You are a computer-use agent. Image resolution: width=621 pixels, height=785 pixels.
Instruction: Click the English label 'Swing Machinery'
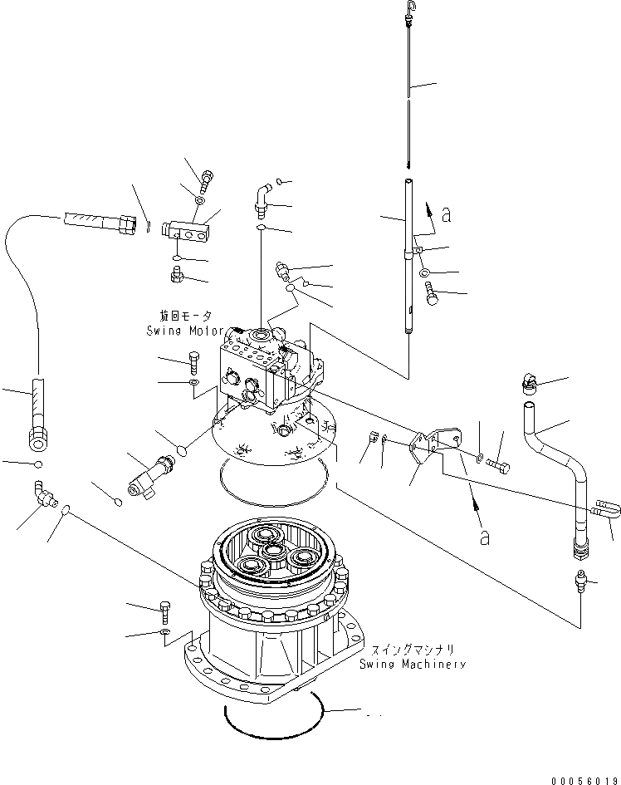coord(412,664)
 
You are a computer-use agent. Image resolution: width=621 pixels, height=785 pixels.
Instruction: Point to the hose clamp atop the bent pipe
coord(527,381)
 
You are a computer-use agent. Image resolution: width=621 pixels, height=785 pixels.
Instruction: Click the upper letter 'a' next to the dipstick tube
coord(447,215)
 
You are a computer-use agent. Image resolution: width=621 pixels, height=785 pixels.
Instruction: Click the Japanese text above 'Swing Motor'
coord(185,316)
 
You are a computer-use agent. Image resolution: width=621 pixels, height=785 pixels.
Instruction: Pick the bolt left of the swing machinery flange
coord(165,612)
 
